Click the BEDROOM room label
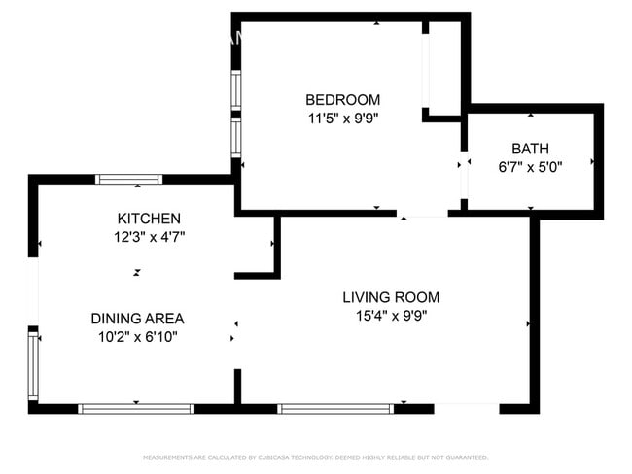[x=342, y=100]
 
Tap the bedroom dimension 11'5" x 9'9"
[x=342, y=118]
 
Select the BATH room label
[x=530, y=149]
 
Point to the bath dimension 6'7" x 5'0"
[x=530, y=166]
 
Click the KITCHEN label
[x=149, y=219]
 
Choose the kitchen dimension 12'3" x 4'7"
[x=149, y=236]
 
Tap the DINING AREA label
[x=137, y=319]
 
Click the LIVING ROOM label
[x=391, y=297]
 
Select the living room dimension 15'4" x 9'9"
[x=391, y=315]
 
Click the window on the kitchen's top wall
[x=128, y=179]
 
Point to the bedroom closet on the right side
[x=442, y=68]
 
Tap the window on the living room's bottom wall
[x=336, y=408]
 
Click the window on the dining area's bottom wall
[x=136, y=408]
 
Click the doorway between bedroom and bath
[x=464, y=166]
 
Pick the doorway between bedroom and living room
[x=422, y=213]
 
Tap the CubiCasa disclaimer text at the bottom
[x=316, y=457]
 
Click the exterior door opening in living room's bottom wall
[x=466, y=408]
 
